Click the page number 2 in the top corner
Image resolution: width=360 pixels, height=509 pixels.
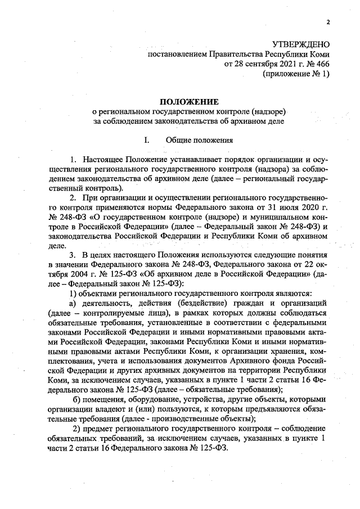(x=327, y=23)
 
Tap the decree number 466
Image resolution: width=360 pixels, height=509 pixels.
(x=323, y=65)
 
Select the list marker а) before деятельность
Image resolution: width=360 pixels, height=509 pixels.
(x=73, y=304)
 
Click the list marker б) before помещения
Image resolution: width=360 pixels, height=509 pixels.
(x=76, y=399)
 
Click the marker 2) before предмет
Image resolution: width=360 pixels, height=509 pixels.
(x=79, y=430)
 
